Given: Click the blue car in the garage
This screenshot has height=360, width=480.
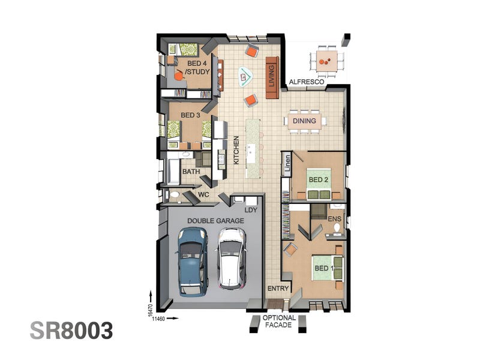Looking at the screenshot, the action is point(191,262).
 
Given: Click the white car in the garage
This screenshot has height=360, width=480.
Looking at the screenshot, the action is point(232,259).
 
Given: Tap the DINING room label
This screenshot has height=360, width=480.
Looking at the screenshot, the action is point(304,121).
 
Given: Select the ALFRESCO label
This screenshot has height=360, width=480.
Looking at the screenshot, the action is point(307,82).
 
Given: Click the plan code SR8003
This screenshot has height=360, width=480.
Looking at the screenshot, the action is point(71,331).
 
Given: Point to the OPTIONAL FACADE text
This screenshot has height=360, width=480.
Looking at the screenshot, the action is point(279,322).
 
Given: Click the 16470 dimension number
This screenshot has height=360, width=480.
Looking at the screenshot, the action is point(150,310).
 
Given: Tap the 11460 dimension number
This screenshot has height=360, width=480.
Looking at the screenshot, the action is point(158,319).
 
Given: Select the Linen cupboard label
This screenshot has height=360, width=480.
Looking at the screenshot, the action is point(287,163).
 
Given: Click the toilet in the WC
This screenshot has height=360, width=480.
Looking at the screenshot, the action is point(174,194).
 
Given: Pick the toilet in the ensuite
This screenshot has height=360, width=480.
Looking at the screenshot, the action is point(337,228).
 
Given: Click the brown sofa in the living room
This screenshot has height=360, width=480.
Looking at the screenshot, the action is point(272,77).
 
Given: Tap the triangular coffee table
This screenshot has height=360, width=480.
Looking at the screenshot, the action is point(245,76).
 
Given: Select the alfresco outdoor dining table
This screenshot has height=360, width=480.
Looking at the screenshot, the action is point(327,61).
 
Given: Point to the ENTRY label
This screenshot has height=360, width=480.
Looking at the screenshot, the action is point(278,289).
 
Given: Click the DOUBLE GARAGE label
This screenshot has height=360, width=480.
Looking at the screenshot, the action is point(215,221).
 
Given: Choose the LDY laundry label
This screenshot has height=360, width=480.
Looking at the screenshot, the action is point(251,210).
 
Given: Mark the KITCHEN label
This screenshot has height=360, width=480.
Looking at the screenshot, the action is point(236,150).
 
